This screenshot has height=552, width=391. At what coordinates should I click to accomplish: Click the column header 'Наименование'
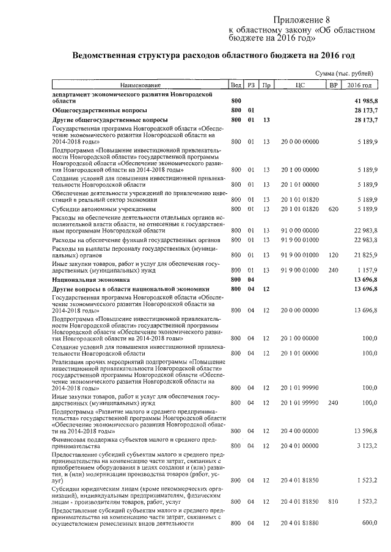[x=140, y=85]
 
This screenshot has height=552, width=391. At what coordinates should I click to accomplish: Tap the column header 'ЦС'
[x=299, y=85]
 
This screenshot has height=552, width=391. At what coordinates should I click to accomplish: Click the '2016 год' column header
[x=359, y=85]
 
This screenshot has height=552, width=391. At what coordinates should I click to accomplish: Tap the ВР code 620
[x=333, y=209]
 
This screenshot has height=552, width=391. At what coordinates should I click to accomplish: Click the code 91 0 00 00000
[x=299, y=231]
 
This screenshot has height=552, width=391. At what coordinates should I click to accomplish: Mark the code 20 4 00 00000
[x=299, y=431]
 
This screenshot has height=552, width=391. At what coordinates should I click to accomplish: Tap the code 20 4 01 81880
[x=299, y=523]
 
